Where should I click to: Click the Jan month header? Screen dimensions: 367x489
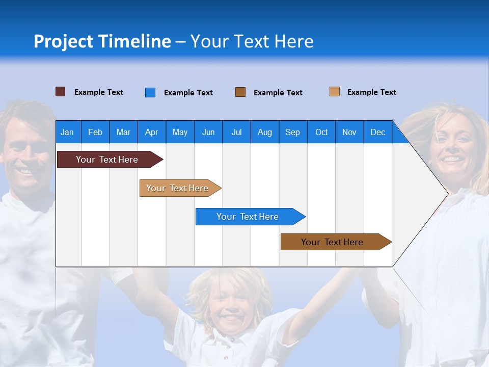67,133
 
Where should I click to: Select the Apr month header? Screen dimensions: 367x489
151,133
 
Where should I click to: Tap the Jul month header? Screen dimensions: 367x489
236,133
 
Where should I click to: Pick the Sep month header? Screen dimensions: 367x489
292,133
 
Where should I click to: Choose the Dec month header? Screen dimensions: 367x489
377,133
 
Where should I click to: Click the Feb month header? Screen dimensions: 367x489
95,133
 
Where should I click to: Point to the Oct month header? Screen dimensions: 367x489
321,133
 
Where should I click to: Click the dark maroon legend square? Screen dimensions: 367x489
61,92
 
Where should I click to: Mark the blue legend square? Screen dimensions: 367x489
150,92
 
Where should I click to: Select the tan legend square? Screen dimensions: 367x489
335,92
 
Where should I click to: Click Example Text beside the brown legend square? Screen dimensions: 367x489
278,93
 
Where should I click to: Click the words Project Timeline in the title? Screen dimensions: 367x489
102,41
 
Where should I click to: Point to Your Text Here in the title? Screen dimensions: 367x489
252,41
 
